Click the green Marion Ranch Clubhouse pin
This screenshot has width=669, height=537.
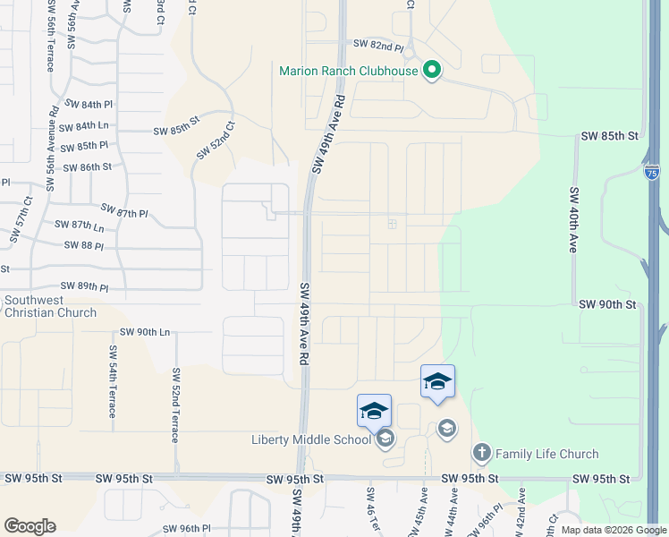coord(432,70)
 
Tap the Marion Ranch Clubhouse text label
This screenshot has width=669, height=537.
coord(349,71)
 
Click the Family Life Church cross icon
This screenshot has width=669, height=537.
coord(482,453)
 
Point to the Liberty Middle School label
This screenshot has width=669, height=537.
coord(310,439)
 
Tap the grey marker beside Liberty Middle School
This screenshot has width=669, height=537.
coord(385,438)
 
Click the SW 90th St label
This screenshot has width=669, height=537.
coord(606,304)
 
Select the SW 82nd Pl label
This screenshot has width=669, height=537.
coord(378,44)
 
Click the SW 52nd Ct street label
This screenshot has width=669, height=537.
coord(216,140)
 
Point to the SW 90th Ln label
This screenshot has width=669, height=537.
coord(141,332)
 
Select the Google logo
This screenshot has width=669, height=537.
coord(30,526)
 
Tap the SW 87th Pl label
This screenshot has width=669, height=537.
coord(124,211)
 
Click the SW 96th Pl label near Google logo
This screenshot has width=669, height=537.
coord(185,529)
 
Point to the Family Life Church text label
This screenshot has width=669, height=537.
coord(546,455)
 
